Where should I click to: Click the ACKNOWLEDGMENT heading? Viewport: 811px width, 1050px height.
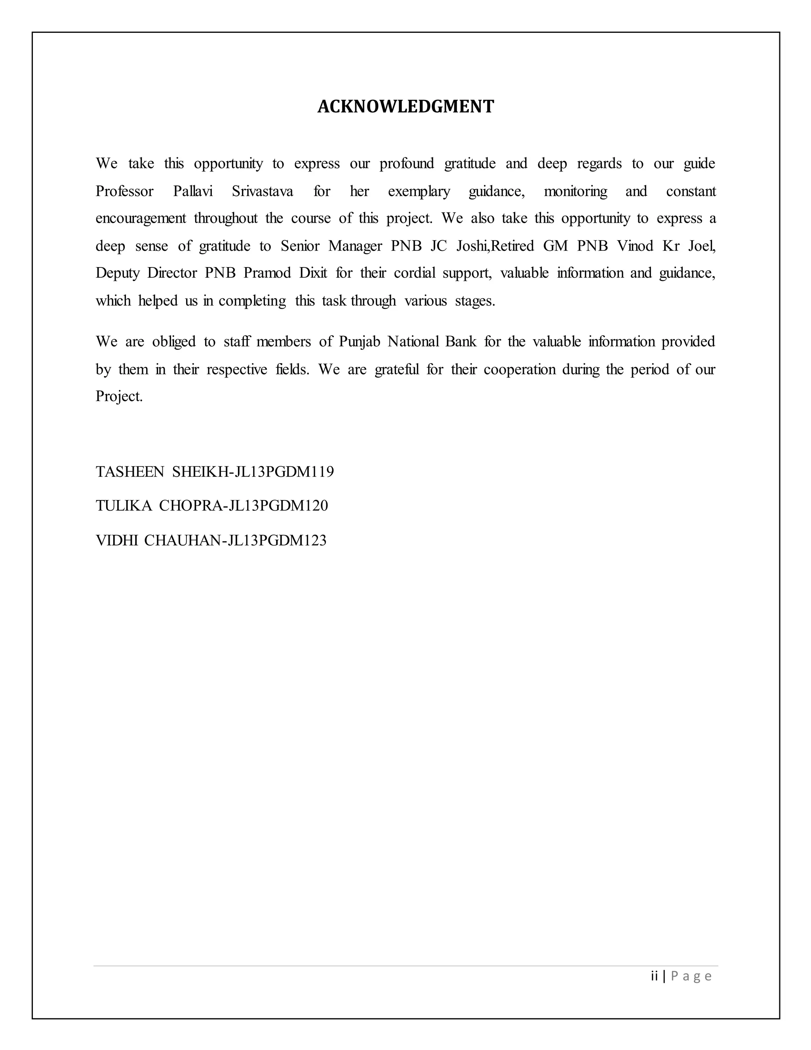click(405, 106)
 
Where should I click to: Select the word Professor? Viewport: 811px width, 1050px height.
click(124, 191)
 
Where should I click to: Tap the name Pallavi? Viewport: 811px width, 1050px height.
click(193, 191)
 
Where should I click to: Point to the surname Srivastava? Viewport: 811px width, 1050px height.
click(262, 191)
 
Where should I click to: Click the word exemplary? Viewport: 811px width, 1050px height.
click(419, 191)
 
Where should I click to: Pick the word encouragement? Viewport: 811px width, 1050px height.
click(141, 219)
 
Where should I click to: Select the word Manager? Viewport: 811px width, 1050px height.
click(355, 246)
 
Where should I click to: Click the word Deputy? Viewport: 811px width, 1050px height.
click(117, 273)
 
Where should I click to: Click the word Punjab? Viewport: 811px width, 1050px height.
click(360, 342)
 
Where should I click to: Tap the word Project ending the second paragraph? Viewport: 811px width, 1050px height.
click(119, 397)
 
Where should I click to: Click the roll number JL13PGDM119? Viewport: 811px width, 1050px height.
click(284, 472)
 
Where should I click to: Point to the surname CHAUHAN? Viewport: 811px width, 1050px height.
click(182, 540)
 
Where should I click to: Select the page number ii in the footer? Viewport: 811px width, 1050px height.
click(654, 976)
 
